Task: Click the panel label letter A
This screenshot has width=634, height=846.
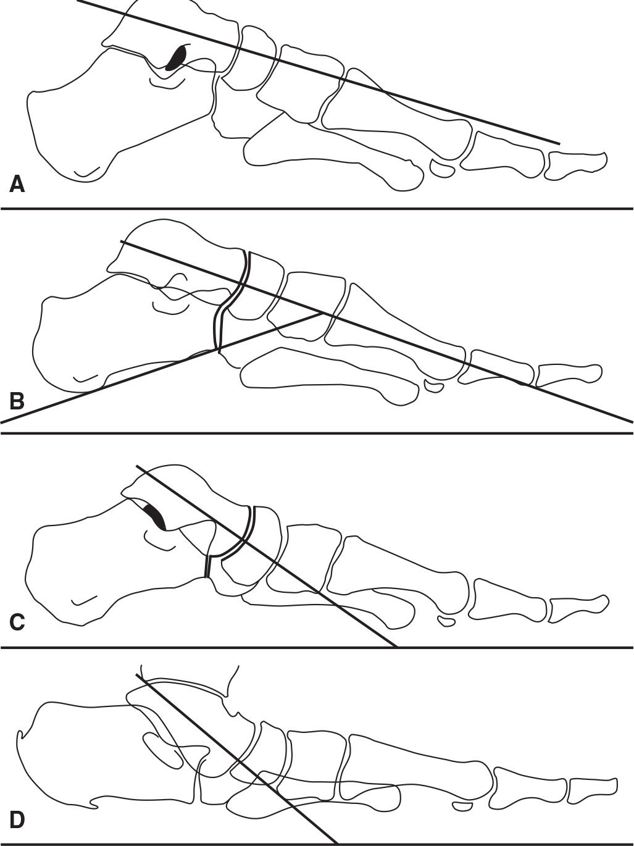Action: coord(17,183)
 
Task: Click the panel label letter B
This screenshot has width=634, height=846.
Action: coord(17,401)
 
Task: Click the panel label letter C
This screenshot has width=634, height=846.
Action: coord(17,622)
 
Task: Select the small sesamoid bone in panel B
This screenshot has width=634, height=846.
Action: coord(435,387)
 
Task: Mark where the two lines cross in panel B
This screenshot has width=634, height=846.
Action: coord(322,313)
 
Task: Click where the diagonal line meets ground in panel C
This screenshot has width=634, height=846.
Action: coord(396,647)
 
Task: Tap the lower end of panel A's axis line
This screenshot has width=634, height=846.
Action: coord(559,143)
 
